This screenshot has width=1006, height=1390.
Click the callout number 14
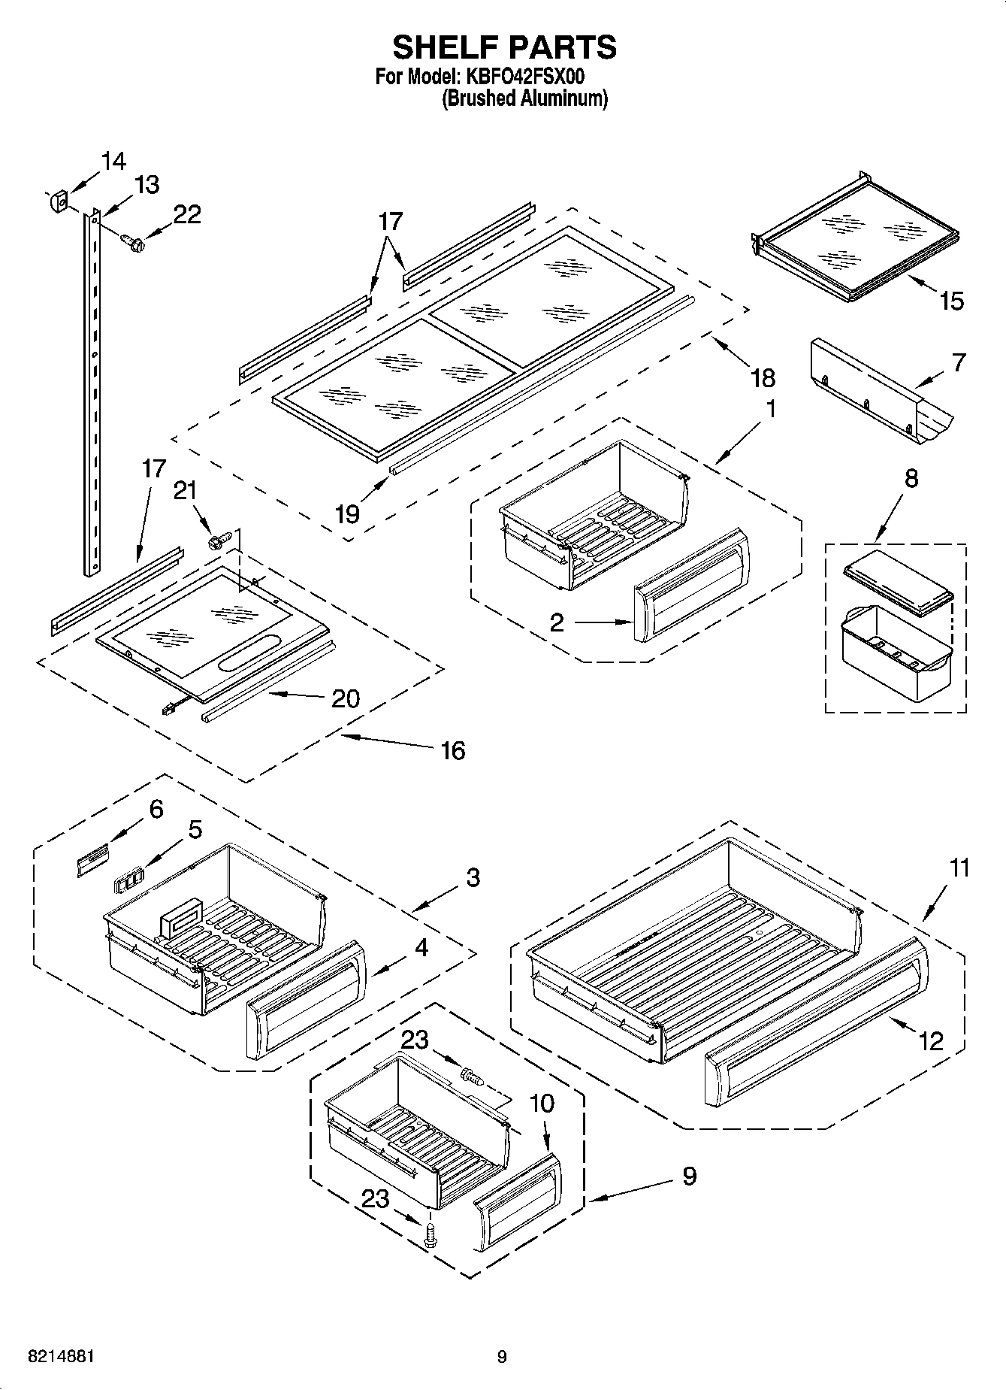(x=113, y=161)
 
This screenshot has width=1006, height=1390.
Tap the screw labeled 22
(x=133, y=242)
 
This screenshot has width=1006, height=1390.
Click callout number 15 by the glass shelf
(x=951, y=301)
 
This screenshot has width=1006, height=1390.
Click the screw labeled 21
(x=218, y=540)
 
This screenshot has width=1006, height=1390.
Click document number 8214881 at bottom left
(x=61, y=1357)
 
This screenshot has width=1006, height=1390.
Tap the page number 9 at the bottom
(x=502, y=1357)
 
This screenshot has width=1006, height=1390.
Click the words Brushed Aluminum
(x=524, y=98)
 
